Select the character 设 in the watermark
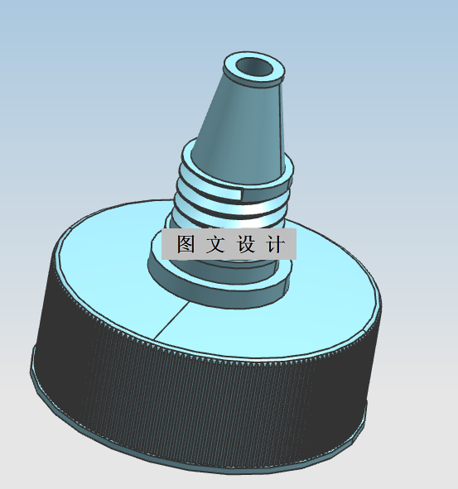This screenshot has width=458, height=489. coord(247,245)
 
